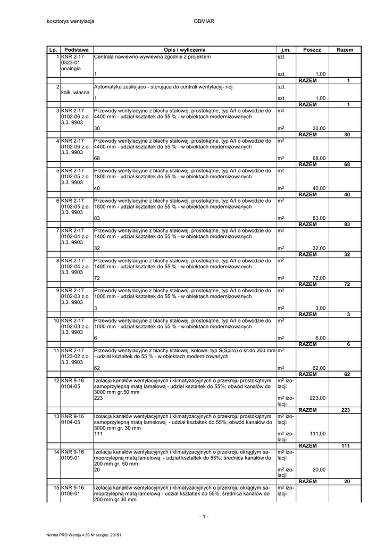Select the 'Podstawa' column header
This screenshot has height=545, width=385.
76,49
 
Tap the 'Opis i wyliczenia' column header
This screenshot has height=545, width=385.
185,49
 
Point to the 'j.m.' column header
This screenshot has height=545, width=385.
286,49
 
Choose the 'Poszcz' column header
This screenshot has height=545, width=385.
312,49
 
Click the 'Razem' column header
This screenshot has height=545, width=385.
345,49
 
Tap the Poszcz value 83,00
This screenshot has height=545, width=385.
319,218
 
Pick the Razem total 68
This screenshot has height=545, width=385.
347,164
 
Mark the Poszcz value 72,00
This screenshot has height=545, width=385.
319,278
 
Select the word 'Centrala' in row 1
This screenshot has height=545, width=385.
104,56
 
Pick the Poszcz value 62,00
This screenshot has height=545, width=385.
319,368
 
